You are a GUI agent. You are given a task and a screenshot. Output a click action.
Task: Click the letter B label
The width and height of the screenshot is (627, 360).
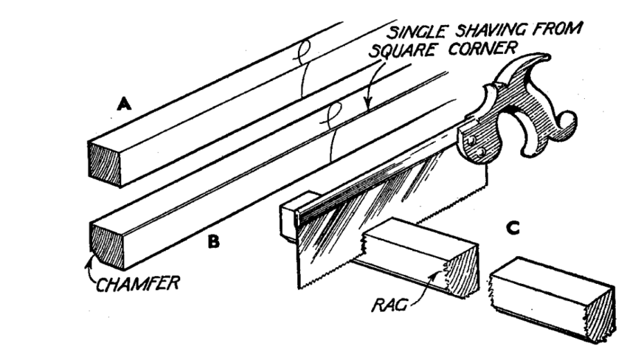click(214, 241)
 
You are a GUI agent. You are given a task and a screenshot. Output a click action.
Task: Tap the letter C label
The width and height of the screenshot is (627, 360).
click(517, 229)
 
